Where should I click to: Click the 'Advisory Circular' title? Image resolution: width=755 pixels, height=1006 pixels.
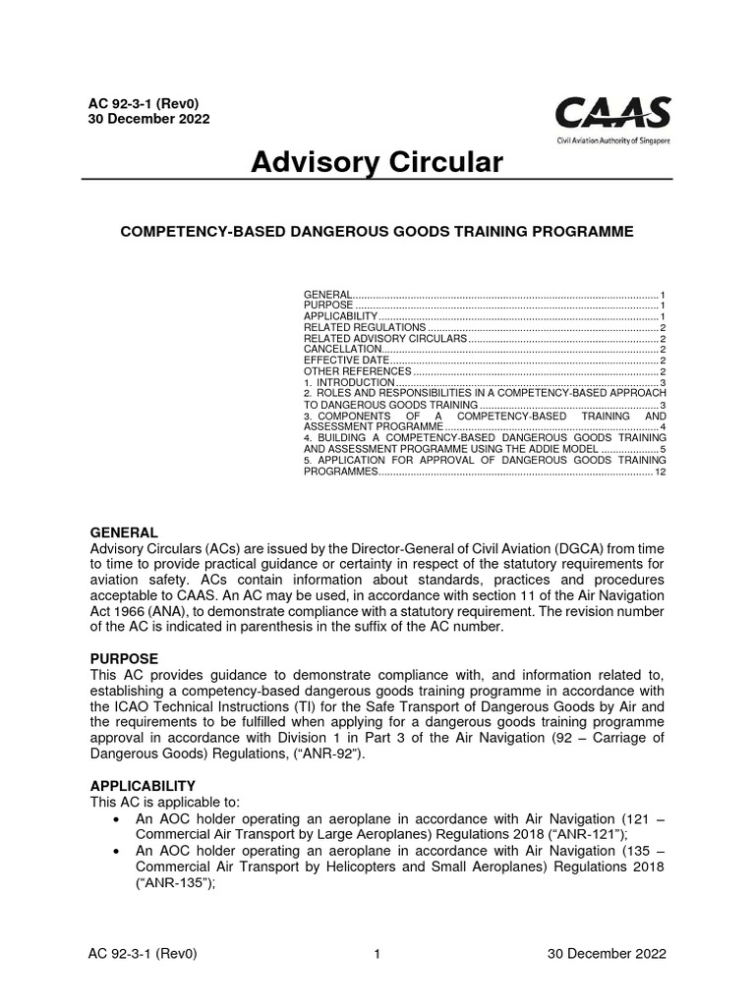pyautogui.click(x=377, y=162)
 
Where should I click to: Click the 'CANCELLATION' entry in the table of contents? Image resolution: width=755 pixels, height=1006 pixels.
pyautogui.click(x=342, y=349)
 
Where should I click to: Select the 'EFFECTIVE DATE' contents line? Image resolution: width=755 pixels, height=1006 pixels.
pyautogui.click(x=347, y=361)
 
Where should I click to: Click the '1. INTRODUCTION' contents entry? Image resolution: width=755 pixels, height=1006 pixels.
pyautogui.click(x=349, y=383)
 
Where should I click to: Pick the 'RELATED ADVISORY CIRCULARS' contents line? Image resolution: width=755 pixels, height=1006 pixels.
pyautogui.click(x=384, y=338)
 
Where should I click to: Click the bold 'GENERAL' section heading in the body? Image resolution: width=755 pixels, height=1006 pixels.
pyautogui.click(x=124, y=531)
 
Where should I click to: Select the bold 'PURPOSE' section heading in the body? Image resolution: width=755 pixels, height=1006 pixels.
pyautogui.click(x=124, y=657)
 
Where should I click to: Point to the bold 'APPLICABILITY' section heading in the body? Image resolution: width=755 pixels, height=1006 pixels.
pyautogui.click(x=143, y=786)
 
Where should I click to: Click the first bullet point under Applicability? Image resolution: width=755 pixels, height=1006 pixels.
pyautogui.click(x=118, y=819)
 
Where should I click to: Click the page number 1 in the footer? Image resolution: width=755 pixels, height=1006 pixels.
pyautogui.click(x=377, y=954)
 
